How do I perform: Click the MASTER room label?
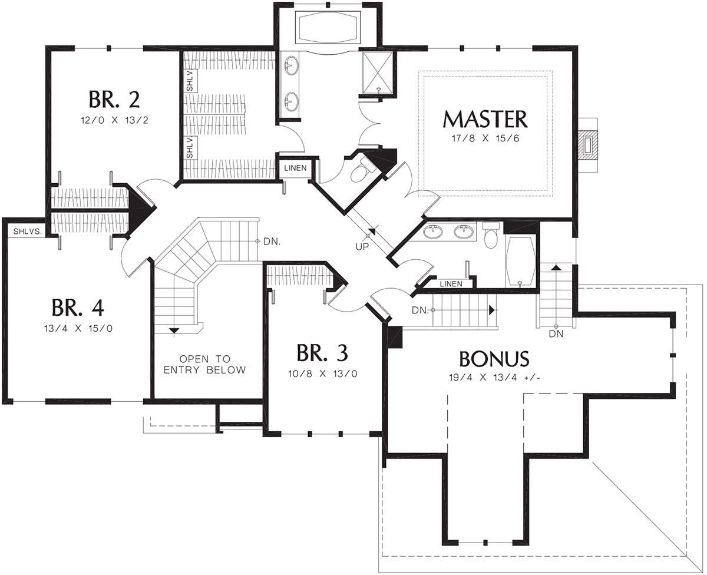click(485, 120)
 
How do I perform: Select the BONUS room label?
click(494, 359)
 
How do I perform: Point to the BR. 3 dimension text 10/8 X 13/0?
click(323, 374)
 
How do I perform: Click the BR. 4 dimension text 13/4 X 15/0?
click(78, 329)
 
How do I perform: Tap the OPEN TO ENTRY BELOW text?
click(205, 364)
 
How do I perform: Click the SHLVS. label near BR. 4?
click(27, 232)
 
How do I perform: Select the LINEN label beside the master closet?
click(295, 168)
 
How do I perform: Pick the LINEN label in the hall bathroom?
click(451, 284)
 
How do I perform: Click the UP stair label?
click(362, 247)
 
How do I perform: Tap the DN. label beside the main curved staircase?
click(272, 242)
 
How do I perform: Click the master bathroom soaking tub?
click(328, 27)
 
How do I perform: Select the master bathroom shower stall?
click(378, 73)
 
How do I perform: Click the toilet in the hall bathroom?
click(491, 235)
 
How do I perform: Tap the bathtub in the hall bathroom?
click(520, 262)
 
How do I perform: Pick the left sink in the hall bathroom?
click(433, 232)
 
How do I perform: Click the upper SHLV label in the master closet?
click(190, 81)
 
